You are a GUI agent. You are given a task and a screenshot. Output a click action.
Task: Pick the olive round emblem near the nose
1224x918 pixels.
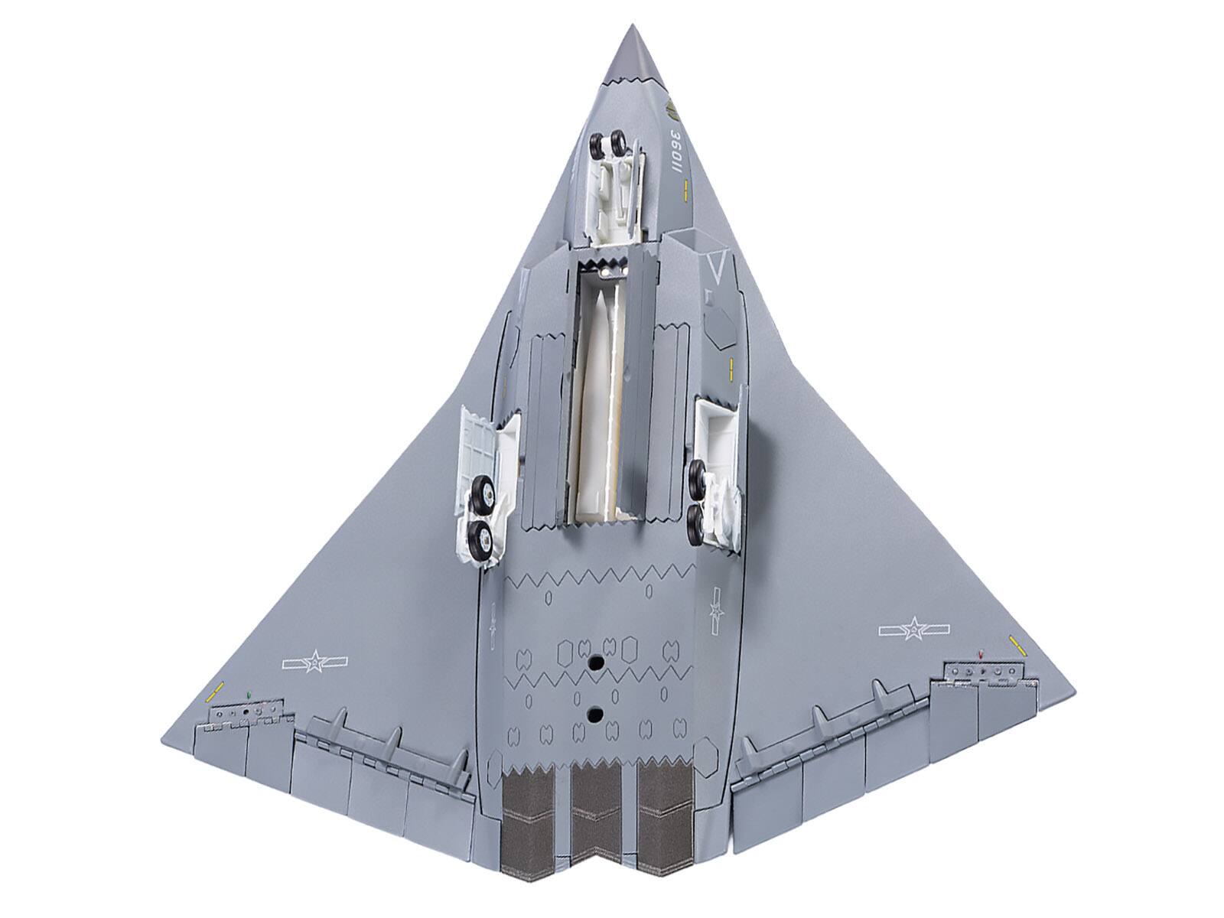click(672, 114)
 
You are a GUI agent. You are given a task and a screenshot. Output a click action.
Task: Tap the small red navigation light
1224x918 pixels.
click(981, 654)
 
